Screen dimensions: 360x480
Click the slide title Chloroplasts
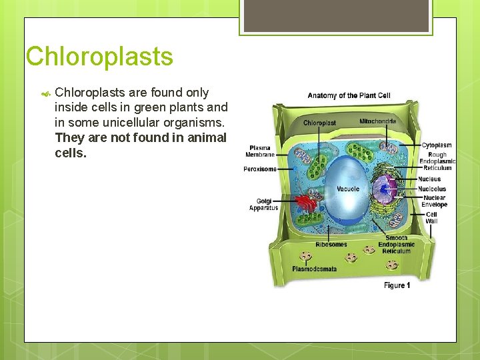tap(99, 57)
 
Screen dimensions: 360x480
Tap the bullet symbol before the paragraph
tap(45, 93)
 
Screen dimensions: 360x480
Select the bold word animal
tap(207, 137)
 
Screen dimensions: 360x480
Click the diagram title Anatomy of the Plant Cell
tap(349, 95)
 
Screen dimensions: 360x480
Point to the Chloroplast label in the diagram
tap(319, 123)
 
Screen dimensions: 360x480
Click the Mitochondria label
tap(377, 121)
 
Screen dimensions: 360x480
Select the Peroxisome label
tap(259, 169)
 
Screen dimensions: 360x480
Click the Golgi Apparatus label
tap(263, 205)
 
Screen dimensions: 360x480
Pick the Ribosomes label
tap(331, 245)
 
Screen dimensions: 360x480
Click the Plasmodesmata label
tap(314, 269)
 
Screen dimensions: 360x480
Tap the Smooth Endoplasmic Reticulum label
tap(397, 245)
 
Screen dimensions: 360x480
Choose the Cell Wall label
tap(431, 217)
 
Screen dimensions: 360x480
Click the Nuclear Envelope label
tap(434, 201)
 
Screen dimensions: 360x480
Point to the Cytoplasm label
tap(436, 145)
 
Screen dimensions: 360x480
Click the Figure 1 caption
tap(397, 285)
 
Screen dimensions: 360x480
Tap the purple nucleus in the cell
tap(385, 188)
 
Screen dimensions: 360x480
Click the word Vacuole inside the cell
tap(348, 189)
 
